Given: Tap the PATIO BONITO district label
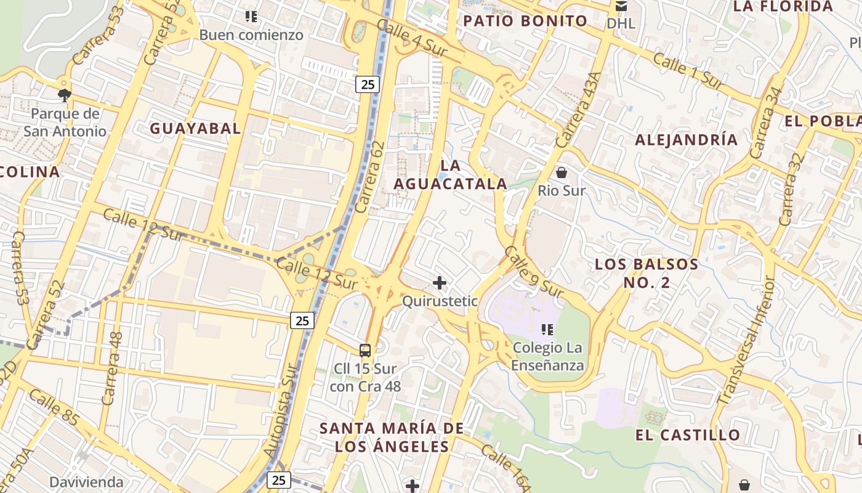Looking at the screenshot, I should pyautogui.click(x=525, y=21).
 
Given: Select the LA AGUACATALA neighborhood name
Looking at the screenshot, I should pyautogui.click(x=450, y=174).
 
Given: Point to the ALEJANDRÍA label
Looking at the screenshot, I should pyautogui.click(x=686, y=140).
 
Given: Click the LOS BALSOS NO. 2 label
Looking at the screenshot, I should pyautogui.click(x=646, y=274).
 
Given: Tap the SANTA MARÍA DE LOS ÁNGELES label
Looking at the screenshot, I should pyautogui.click(x=392, y=437).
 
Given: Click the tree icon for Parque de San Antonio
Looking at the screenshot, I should pyautogui.click(x=64, y=95).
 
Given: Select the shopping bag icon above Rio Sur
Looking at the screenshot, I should pyautogui.click(x=561, y=173).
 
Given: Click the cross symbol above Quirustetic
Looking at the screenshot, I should pyautogui.click(x=440, y=283).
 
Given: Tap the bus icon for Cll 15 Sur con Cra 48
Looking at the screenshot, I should pyautogui.click(x=365, y=351).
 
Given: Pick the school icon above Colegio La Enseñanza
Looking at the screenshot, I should pyautogui.click(x=547, y=330).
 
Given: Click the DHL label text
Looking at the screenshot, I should pyautogui.click(x=621, y=24).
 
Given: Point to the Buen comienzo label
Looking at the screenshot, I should pyautogui.click(x=251, y=35).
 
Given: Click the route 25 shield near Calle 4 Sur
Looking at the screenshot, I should pyautogui.click(x=367, y=84).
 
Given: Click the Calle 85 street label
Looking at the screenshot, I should pyautogui.click(x=54, y=408).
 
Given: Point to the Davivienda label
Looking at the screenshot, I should pyautogui.click(x=86, y=482).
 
